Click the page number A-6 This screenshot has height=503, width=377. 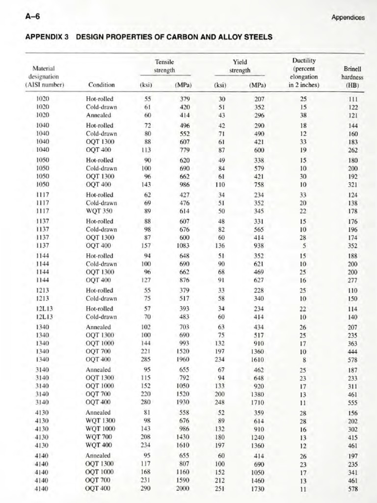32,17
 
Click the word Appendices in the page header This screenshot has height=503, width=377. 348,18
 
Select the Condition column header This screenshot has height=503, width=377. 101,84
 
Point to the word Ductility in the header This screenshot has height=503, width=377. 303,61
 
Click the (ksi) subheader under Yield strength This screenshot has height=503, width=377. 220,84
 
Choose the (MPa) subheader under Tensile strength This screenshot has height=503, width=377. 183,84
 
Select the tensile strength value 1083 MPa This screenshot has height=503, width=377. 183,246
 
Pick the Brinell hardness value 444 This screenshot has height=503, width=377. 351,352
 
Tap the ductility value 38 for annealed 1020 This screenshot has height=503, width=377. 303,115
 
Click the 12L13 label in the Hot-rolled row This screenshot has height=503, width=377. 45,308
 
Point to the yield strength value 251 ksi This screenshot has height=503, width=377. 221,488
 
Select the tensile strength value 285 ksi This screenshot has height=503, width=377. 145,360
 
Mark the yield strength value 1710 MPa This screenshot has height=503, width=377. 258,402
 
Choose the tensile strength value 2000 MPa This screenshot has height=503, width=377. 183,488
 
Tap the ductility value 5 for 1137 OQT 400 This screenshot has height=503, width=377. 305,246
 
